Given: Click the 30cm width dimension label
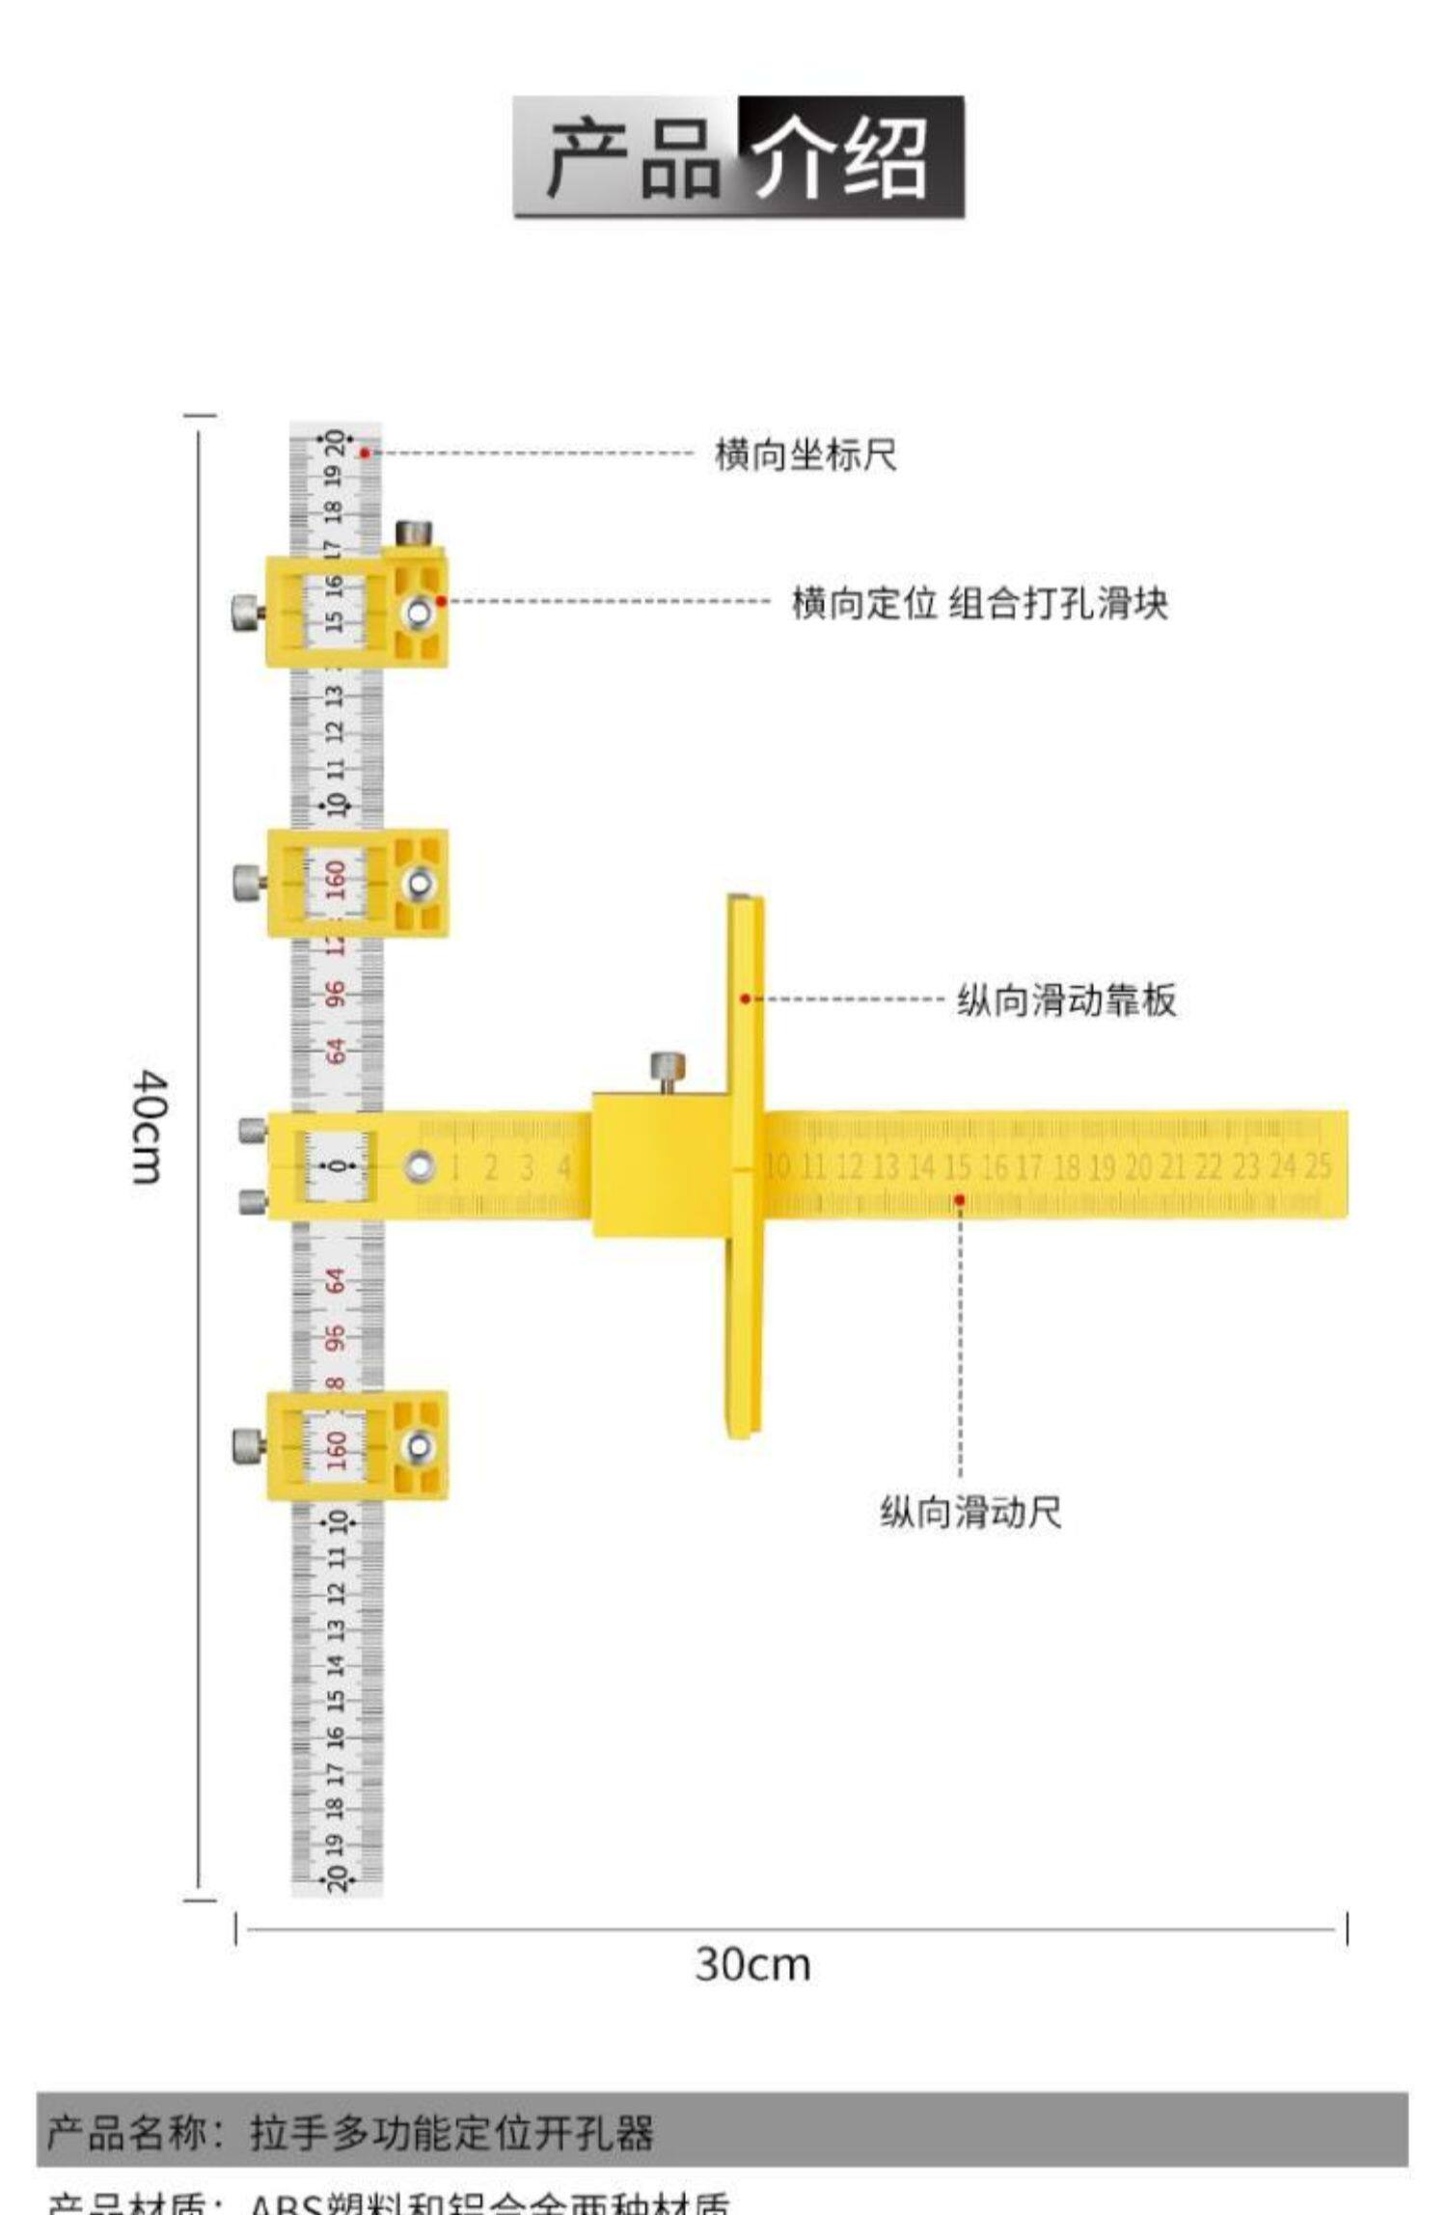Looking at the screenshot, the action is [752, 1963].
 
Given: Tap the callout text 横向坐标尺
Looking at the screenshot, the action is [805, 454].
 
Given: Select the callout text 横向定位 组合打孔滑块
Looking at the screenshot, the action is [979, 603].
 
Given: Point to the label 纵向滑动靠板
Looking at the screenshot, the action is [1066, 1000].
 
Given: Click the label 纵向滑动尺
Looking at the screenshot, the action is [969, 1511].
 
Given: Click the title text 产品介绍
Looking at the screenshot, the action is [738, 156].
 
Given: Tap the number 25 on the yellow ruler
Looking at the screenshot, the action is [1318, 1165].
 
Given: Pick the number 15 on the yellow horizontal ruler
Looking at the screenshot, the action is [957, 1167].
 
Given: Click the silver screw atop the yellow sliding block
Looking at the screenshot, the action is [667, 1067].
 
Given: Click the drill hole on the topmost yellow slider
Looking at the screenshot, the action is [419, 612].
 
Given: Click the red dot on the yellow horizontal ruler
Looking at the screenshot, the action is [960, 1199].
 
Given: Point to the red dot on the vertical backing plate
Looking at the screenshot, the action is [745, 998].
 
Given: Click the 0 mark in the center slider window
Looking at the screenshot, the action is [337, 1166].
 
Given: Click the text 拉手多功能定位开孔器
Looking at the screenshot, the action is [451, 2133].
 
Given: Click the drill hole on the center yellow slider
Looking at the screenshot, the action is [420, 1166].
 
